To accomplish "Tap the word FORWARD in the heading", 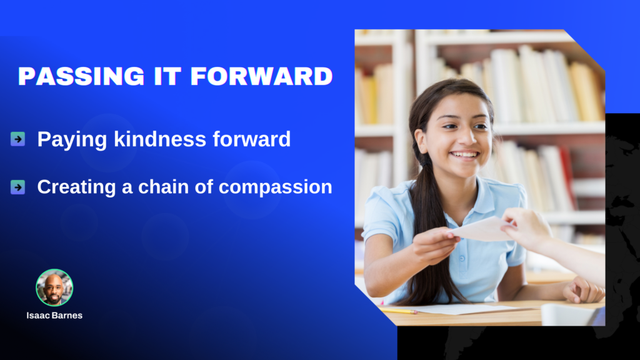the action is pyautogui.click(x=262, y=76).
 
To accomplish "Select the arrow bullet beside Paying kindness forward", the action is pyautogui.click(x=17, y=139).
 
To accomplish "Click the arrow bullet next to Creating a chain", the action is pyautogui.click(x=17, y=187).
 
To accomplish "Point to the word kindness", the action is pyautogui.click(x=160, y=139).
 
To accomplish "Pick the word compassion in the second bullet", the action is pyautogui.click(x=276, y=187).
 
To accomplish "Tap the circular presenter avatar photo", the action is pyautogui.click(x=54, y=287).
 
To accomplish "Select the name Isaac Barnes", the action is pyautogui.click(x=54, y=316).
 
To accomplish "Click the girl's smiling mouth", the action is pyautogui.click(x=464, y=155).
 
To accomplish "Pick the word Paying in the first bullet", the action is pyautogui.click(x=72, y=139).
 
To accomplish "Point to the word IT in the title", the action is pyautogui.click(x=167, y=76).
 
